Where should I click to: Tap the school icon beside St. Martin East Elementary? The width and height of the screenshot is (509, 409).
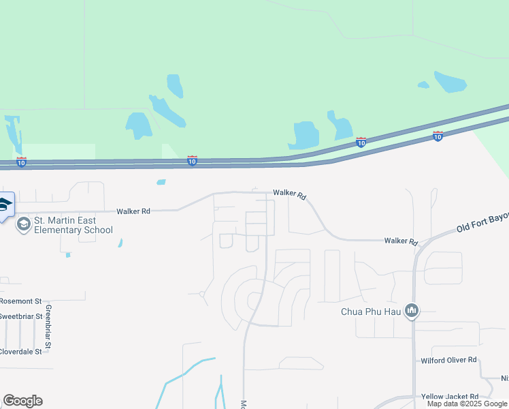[24, 224]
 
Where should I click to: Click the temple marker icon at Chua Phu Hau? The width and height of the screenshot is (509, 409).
[411, 312]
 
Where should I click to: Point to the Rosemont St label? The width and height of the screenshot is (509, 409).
[21, 301]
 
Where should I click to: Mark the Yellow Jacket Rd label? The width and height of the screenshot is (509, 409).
[449, 396]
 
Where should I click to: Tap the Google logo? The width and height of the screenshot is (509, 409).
[22, 401]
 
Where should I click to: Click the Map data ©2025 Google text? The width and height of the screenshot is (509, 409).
[467, 404]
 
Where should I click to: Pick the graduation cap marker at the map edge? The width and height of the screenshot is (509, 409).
[5, 205]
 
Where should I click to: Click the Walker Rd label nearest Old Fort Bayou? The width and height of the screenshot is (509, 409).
[399, 241]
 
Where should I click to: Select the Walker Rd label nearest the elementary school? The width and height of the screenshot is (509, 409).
[133, 211]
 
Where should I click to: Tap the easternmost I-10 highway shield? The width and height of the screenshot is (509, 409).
[438, 136]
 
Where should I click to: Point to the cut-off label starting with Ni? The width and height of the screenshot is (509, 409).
[504, 378]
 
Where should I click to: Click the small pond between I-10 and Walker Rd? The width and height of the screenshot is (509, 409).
[161, 182]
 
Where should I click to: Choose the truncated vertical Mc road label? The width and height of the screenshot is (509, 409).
[243, 404]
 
